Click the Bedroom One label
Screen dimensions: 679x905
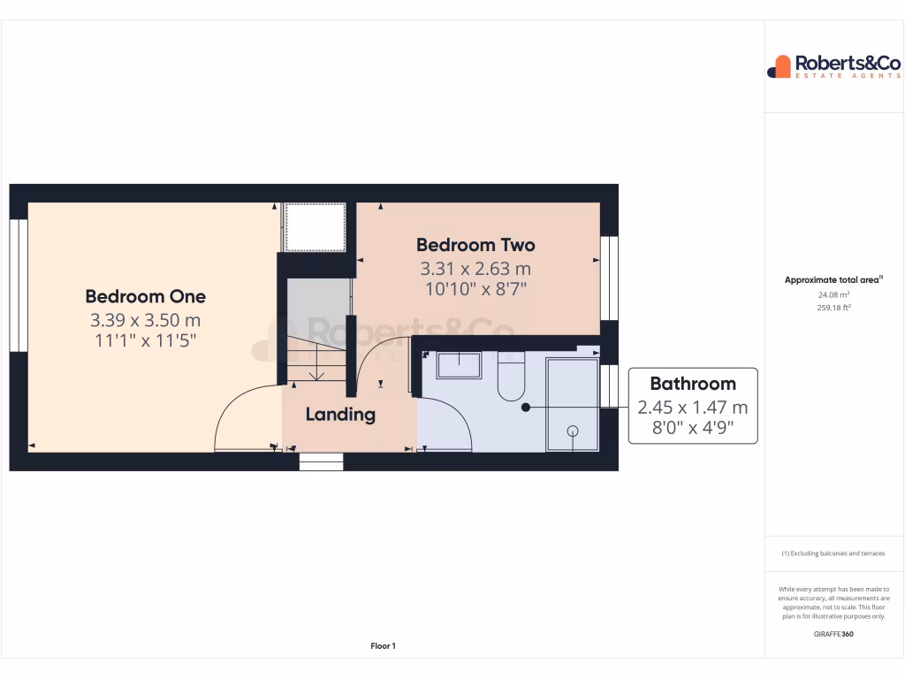pyautogui.click(x=145, y=296)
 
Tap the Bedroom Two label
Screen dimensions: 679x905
pyautogui.click(x=475, y=245)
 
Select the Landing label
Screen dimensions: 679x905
pyautogui.click(x=340, y=414)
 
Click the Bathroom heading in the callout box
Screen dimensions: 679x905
pyautogui.click(x=693, y=384)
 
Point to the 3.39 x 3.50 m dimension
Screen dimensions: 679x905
pyautogui.click(x=145, y=319)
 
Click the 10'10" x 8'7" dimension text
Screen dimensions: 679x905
pyautogui.click(x=475, y=288)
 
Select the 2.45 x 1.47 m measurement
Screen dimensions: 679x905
pyautogui.click(x=693, y=408)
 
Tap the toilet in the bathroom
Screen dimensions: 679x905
pyautogui.click(x=511, y=378)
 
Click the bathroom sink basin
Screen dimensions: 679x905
pyautogui.click(x=458, y=365)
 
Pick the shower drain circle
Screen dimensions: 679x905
pyautogui.click(x=573, y=431)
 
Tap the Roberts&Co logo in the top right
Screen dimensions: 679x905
pyautogui.click(x=833, y=66)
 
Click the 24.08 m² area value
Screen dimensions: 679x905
pyautogui.click(x=833, y=295)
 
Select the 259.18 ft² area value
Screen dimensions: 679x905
pyautogui.click(x=833, y=308)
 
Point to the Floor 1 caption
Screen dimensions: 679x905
pyautogui.click(x=383, y=646)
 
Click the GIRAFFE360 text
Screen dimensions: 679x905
pyautogui.click(x=833, y=634)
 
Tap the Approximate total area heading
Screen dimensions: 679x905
pyautogui.click(x=833, y=280)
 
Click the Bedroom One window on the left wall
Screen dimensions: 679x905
pyautogui.click(x=19, y=285)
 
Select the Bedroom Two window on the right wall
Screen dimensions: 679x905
pyautogui.click(x=609, y=278)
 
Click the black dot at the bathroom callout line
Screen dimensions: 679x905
pyautogui.click(x=526, y=408)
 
